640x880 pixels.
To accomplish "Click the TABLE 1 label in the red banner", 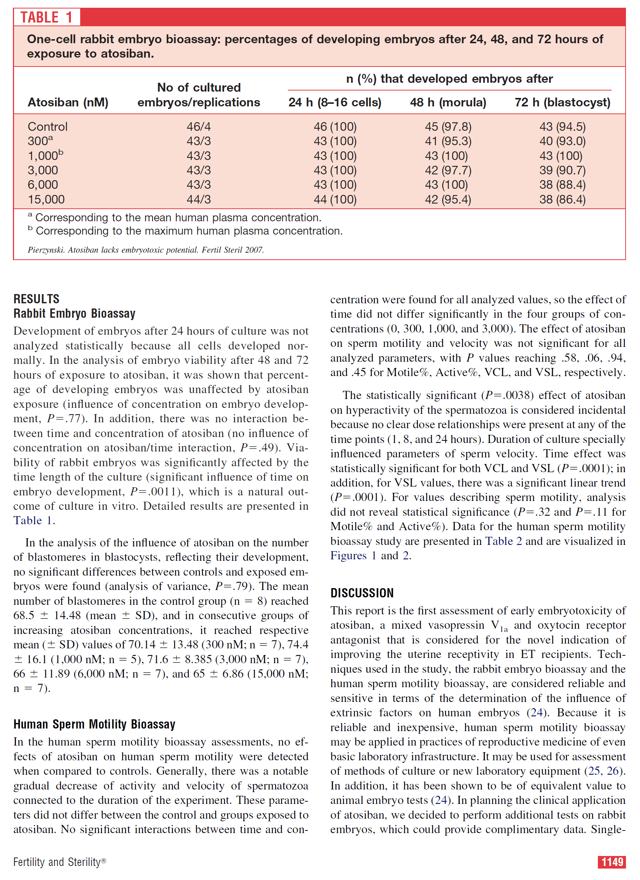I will tap(47, 17).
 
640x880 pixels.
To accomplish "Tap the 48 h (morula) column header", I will tap(448, 102).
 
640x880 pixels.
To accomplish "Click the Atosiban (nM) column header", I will tap(68, 102).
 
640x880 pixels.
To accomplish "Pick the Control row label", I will tap(47, 127).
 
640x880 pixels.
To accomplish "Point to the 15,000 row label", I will tap(46, 199).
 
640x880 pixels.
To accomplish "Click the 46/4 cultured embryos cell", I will tap(199, 127).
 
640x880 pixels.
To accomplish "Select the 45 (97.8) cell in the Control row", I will tap(448, 127).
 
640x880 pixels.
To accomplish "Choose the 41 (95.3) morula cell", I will tap(448, 141).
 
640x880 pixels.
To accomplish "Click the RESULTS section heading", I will tap(37, 299).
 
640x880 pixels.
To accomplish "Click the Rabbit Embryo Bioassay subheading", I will tap(75, 314).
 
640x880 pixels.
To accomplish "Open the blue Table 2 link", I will tap(503, 541).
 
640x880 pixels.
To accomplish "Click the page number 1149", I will tap(612, 862).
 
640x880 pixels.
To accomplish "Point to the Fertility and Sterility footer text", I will tap(59, 862).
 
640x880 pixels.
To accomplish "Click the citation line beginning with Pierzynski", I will tap(146, 250).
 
